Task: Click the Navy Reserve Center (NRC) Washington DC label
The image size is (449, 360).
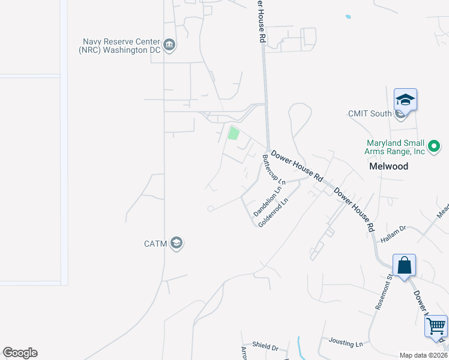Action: point(121,46)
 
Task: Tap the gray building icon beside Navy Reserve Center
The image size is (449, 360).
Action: point(169,46)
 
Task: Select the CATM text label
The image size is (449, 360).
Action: point(157,244)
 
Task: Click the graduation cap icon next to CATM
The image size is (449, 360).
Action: point(176,243)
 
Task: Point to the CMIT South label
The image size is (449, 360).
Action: point(370,113)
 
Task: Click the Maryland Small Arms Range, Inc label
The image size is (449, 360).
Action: point(396,147)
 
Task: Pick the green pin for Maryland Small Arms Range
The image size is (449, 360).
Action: point(433,145)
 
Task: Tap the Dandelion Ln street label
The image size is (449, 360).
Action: point(268,202)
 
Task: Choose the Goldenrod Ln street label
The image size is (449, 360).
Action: point(274,212)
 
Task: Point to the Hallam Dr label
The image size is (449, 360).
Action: point(394,234)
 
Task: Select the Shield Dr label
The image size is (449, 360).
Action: point(265,347)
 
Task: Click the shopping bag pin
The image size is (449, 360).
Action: point(404,266)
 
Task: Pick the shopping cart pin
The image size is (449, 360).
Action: point(436,328)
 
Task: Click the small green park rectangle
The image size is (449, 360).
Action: point(234,134)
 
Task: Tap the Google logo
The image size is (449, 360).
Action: point(20,353)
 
